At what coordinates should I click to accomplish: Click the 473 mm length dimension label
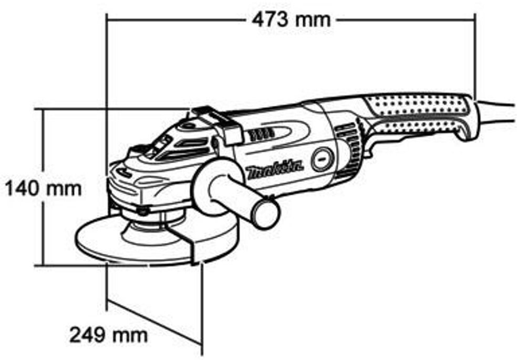pyautogui.click(x=291, y=20)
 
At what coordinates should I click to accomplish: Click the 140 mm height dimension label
pyautogui.click(x=43, y=189)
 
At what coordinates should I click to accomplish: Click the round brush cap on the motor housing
pyautogui.click(x=323, y=160)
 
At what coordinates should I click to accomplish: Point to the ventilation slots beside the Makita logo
pyautogui.click(x=261, y=135)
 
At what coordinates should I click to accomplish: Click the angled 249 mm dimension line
pyautogui.click(x=154, y=322)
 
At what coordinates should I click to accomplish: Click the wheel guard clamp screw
pyautogui.click(x=142, y=210)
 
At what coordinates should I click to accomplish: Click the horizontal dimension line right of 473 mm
pyautogui.click(x=406, y=20)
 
